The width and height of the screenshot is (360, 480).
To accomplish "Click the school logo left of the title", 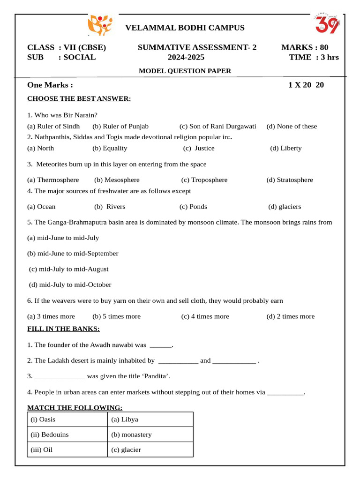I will [100, 25].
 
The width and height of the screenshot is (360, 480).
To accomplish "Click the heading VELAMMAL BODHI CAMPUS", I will [185, 28].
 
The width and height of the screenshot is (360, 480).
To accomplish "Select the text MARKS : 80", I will [305, 47].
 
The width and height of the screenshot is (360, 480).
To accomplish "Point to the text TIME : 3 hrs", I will [314, 57].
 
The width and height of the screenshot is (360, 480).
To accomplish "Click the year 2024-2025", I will [186, 57].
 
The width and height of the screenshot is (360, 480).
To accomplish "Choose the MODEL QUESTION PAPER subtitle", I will [185, 71].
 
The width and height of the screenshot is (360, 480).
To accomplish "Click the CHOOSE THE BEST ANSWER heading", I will [79, 98].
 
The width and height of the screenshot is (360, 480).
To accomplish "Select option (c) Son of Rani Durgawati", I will [217, 126].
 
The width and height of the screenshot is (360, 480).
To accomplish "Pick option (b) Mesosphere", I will [117, 180].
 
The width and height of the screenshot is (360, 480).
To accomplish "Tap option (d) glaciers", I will [285, 206].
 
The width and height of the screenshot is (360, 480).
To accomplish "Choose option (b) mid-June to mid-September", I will [73, 253].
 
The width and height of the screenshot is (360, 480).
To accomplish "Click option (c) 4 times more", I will [205, 316].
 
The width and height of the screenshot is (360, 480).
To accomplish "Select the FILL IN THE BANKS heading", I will [63, 329].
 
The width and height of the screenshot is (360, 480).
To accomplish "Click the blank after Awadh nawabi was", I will [160, 345].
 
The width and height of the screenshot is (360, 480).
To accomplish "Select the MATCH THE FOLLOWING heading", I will [75, 407].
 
